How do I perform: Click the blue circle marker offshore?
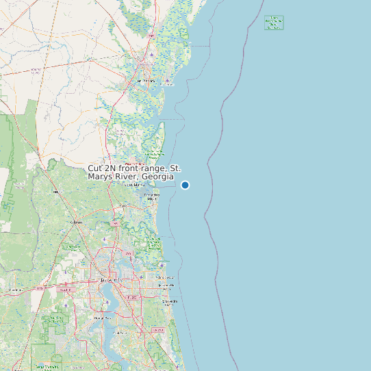coord(185,185)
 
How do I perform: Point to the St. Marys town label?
coord(134,185)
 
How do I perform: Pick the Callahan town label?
coord(76,222)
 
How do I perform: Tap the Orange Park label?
coord(103,318)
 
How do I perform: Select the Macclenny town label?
coord(14,290)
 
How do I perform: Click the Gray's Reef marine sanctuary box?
coord(274,23)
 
